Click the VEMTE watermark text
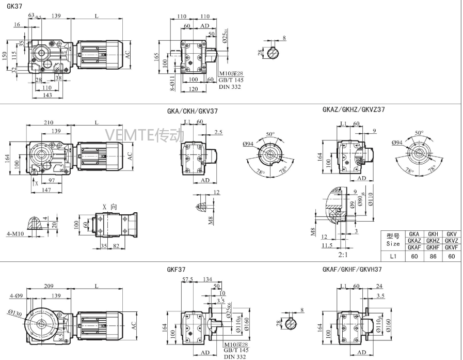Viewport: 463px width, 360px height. click(x=144, y=135)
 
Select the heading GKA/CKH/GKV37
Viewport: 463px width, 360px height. click(x=193, y=111)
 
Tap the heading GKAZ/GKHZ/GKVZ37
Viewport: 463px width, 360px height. click(x=353, y=109)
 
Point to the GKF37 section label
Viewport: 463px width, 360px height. click(x=176, y=269)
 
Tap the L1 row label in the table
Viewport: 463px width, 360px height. click(x=393, y=256)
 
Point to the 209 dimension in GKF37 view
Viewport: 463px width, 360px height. click(x=49, y=285)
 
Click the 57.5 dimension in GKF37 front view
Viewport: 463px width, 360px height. click(x=188, y=280)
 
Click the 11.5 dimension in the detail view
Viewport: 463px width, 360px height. click(x=326, y=245)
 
